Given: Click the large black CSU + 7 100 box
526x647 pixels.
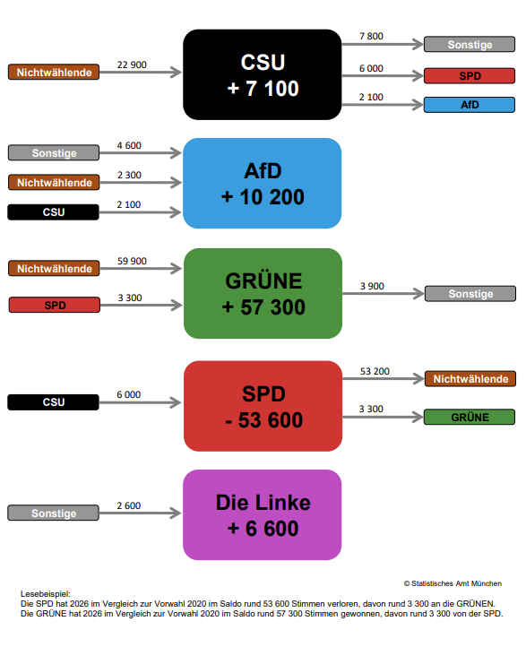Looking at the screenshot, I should [x=263, y=75].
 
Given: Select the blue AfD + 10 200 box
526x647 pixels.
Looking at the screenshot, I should [x=263, y=183].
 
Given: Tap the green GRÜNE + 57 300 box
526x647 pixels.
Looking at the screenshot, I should [x=263, y=293].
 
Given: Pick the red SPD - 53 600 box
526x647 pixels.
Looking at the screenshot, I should [x=263, y=406].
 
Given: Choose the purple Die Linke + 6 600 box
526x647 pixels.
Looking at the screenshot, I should [x=263, y=515].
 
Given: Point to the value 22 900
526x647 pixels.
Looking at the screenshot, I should [x=132, y=65].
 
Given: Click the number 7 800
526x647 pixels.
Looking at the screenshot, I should [x=371, y=36].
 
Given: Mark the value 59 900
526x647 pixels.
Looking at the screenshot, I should [x=132, y=261].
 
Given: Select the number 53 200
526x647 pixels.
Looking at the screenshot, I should [x=375, y=371].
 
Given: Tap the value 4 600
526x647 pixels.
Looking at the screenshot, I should [x=129, y=145].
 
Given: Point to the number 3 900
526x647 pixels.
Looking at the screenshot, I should [x=372, y=286].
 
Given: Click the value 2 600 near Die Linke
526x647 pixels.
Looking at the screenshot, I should [x=129, y=505].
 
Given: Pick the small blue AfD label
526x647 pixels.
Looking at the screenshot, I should [x=470, y=105].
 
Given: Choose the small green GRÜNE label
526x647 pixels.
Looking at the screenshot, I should [x=470, y=417].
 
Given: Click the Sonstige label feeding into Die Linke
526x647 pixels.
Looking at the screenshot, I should [x=54, y=513].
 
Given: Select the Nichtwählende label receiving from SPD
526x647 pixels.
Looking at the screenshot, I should [x=470, y=379].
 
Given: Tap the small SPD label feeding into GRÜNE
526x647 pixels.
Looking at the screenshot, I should [x=54, y=306].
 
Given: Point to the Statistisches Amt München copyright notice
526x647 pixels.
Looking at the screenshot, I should [x=453, y=583].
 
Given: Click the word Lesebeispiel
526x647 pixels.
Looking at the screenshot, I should [x=45, y=594].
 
